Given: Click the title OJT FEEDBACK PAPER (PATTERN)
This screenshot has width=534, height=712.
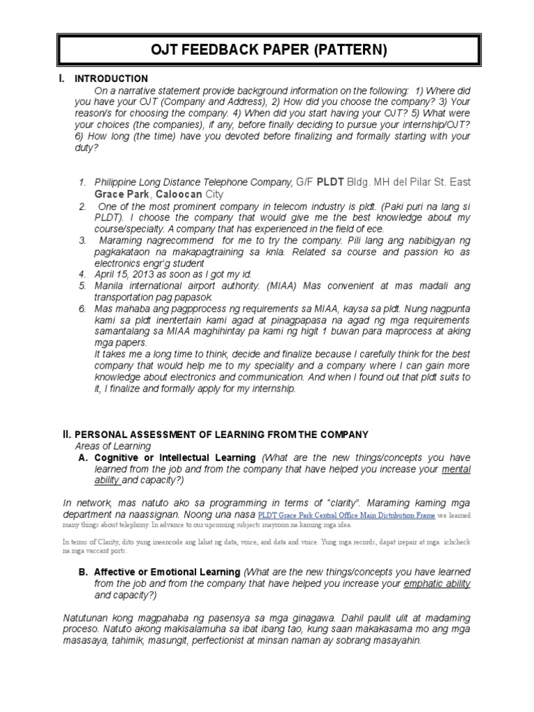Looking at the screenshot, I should tap(266, 50).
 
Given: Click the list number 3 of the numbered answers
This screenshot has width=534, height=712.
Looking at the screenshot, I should tap(81, 240).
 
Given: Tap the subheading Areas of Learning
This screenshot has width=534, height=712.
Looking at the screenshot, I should tap(113, 446).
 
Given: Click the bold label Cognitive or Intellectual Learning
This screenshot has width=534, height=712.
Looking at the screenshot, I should tap(176, 458).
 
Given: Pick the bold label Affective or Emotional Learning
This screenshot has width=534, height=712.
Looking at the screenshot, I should tap(167, 572).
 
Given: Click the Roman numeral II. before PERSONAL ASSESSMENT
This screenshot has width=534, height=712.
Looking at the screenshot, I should tap(67, 435).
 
